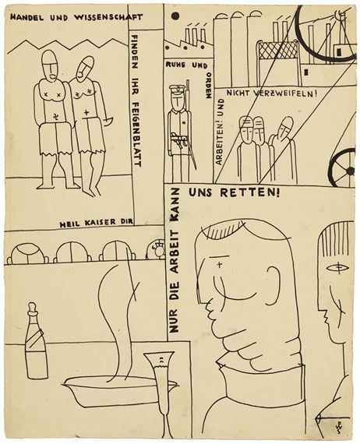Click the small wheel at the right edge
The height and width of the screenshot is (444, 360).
(x=343, y=167)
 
